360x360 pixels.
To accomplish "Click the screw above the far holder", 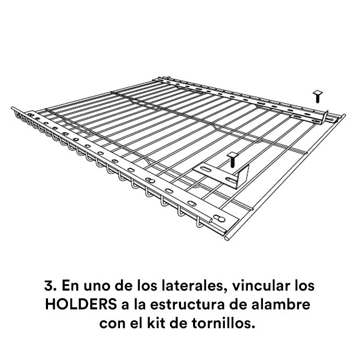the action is click(x=318, y=97).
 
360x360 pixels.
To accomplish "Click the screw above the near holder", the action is click(x=232, y=160).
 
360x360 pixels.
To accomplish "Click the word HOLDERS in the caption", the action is click(x=81, y=305).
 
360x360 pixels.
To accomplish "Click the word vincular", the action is click(x=260, y=285).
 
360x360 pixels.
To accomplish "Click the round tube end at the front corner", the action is click(x=226, y=238).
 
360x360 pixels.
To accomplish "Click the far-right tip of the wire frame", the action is click(x=344, y=115).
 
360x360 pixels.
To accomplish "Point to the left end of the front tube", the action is click(x=13, y=109).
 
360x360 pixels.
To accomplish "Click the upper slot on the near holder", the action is click(x=206, y=169).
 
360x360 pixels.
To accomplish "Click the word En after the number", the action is click(x=70, y=286).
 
